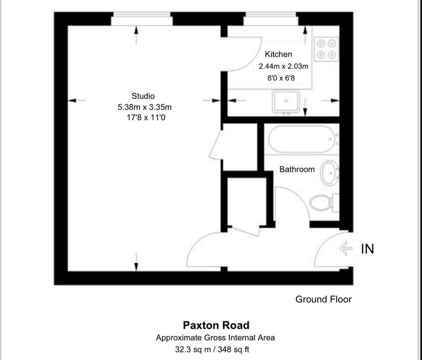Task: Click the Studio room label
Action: tap(143, 96)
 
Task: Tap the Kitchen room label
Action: tap(279, 54)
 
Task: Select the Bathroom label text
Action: tap(297, 169)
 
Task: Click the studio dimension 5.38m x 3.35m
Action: tap(145, 108)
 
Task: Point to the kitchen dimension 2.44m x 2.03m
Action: tap(283, 66)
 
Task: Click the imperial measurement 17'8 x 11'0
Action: tap(146, 118)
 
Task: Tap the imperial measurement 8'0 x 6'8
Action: tap(281, 78)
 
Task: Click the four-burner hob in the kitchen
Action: tap(326, 49)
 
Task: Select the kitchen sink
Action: tap(286, 101)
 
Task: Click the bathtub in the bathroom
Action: tap(301, 139)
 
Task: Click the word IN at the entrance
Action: tap(367, 249)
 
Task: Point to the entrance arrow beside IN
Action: tap(346, 248)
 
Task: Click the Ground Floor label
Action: tap(323, 299)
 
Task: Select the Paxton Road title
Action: tap(216, 325)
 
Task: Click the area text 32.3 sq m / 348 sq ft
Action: tap(212, 349)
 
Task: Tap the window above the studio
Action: tap(142, 18)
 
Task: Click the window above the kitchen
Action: tap(271, 18)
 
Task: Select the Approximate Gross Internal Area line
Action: tap(215, 338)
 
